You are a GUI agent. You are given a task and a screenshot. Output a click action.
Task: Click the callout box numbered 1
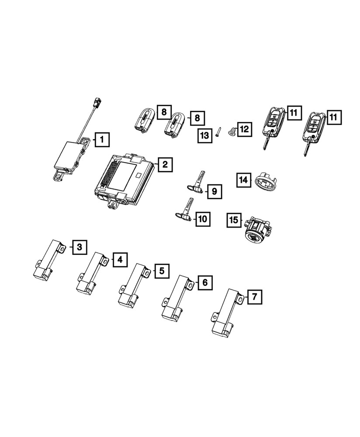(x=101, y=140)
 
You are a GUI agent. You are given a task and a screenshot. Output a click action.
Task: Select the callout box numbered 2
(x=164, y=164)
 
